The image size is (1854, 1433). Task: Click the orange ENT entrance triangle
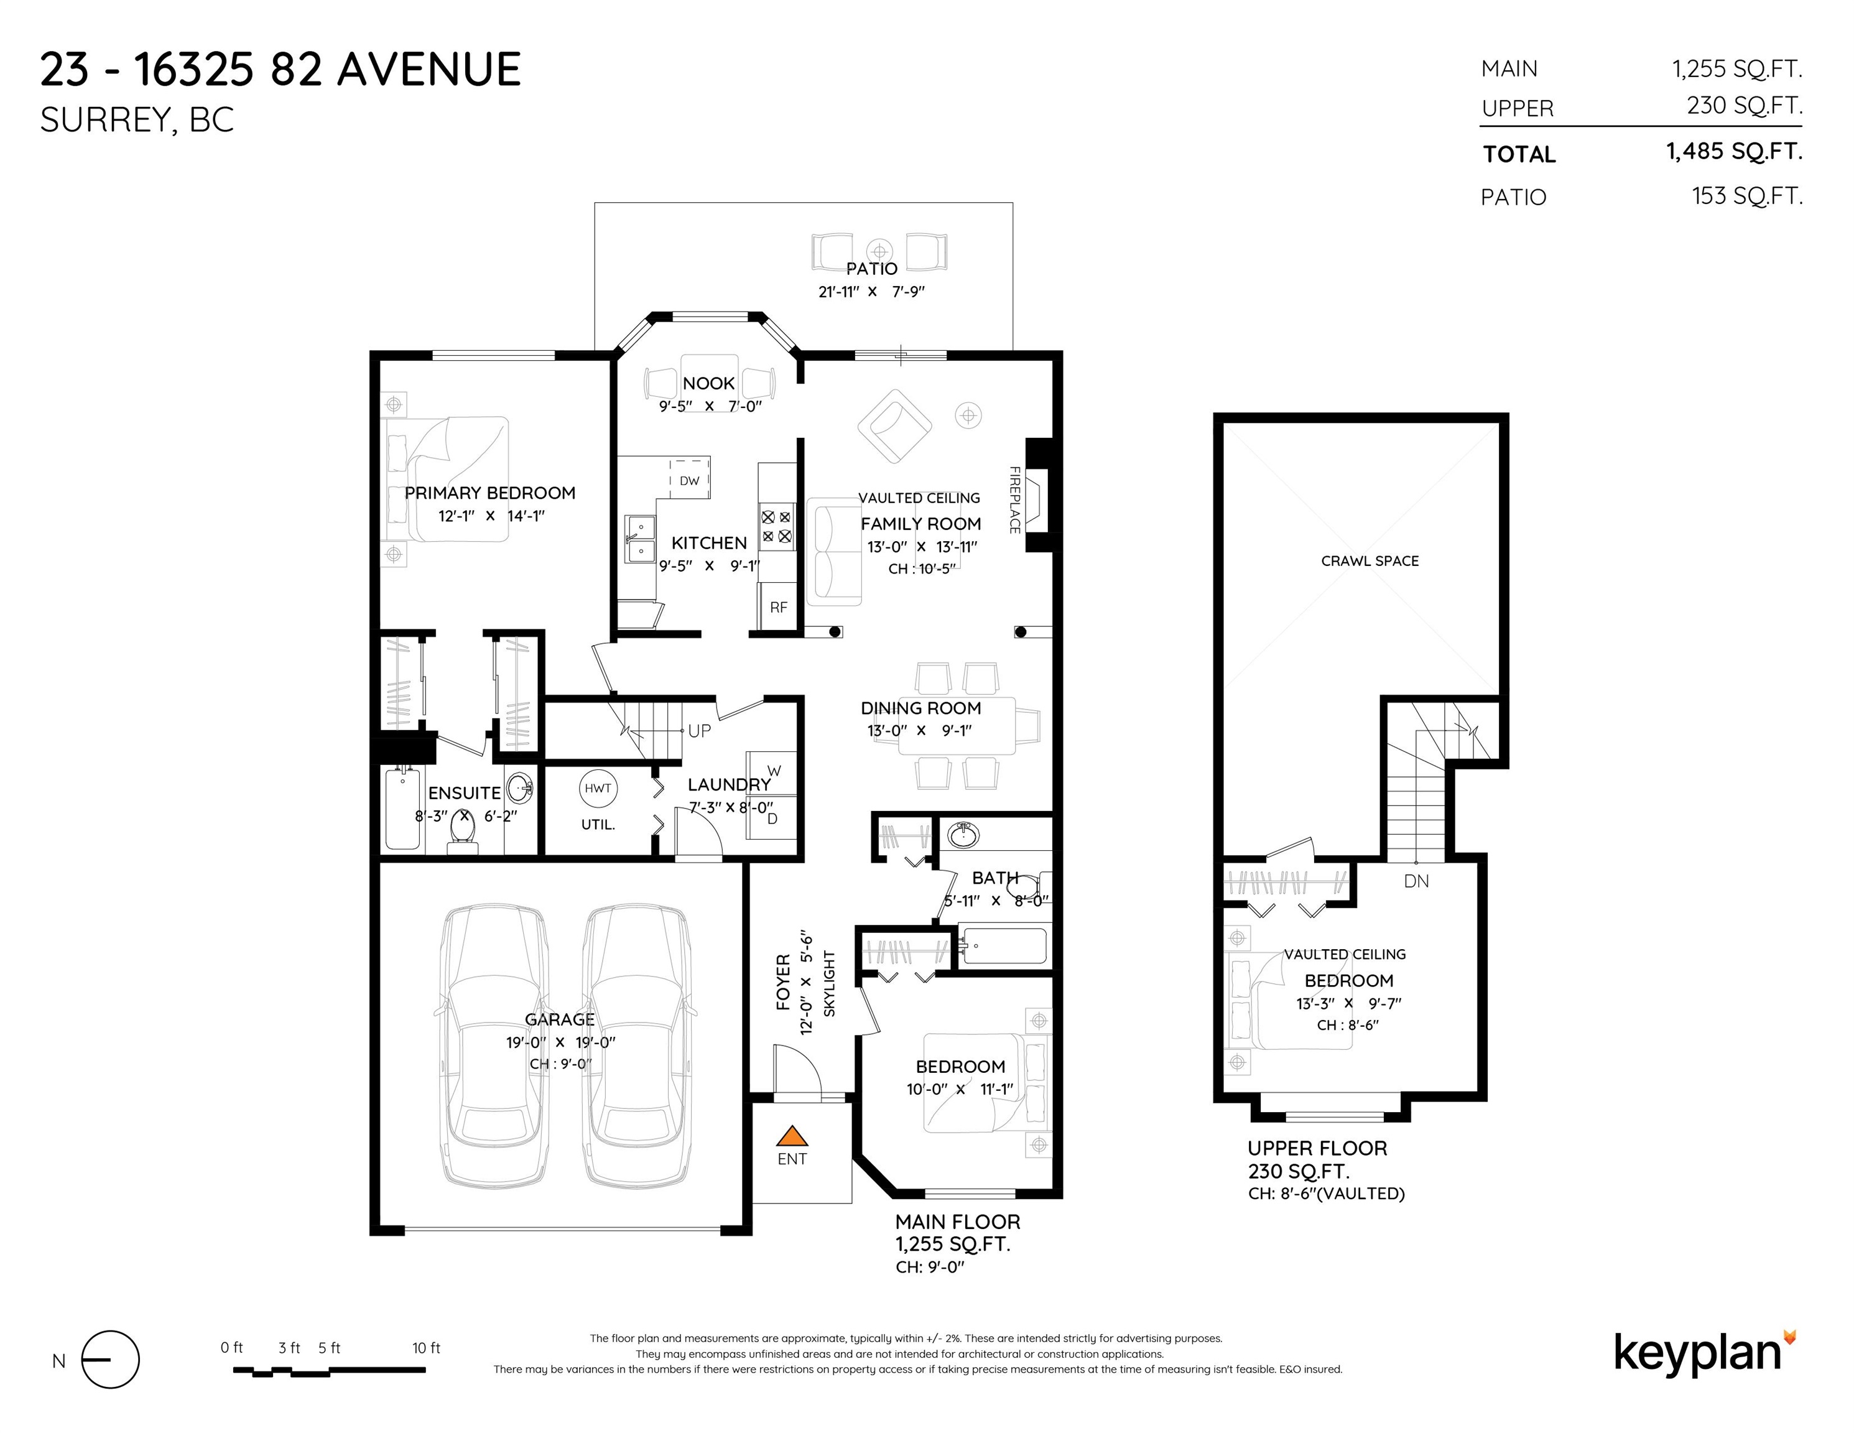pyautogui.click(x=791, y=1136)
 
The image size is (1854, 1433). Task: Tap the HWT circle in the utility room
pyautogui.click(x=598, y=788)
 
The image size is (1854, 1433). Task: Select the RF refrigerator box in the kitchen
pyautogui.click(x=777, y=607)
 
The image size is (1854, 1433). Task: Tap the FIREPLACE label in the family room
pyautogui.click(x=1014, y=499)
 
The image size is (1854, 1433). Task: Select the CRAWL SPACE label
pyautogui.click(x=1370, y=561)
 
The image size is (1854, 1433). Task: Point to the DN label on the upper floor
pyautogui.click(x=1416, y=881)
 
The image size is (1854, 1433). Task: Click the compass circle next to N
pyautogui.click(x=110, y=1359)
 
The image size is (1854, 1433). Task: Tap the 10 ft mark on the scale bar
pyautogui.click(x=426, y=1348)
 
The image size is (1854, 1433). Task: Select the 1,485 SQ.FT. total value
pyautogui.click(x=1735, y=152)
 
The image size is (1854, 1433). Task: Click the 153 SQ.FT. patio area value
pyautogui.click(x=1747, y=196)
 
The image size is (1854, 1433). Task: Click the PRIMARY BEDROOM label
pyautogui.click(x=490, y=493)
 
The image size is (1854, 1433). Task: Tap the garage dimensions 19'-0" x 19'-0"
pyautogui.click(x=560, y=1042)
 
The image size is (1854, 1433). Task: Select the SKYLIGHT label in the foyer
pyautogui.click(x=830, y=983)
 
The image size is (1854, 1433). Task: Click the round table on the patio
pyautogui.click(x=879, y=251)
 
